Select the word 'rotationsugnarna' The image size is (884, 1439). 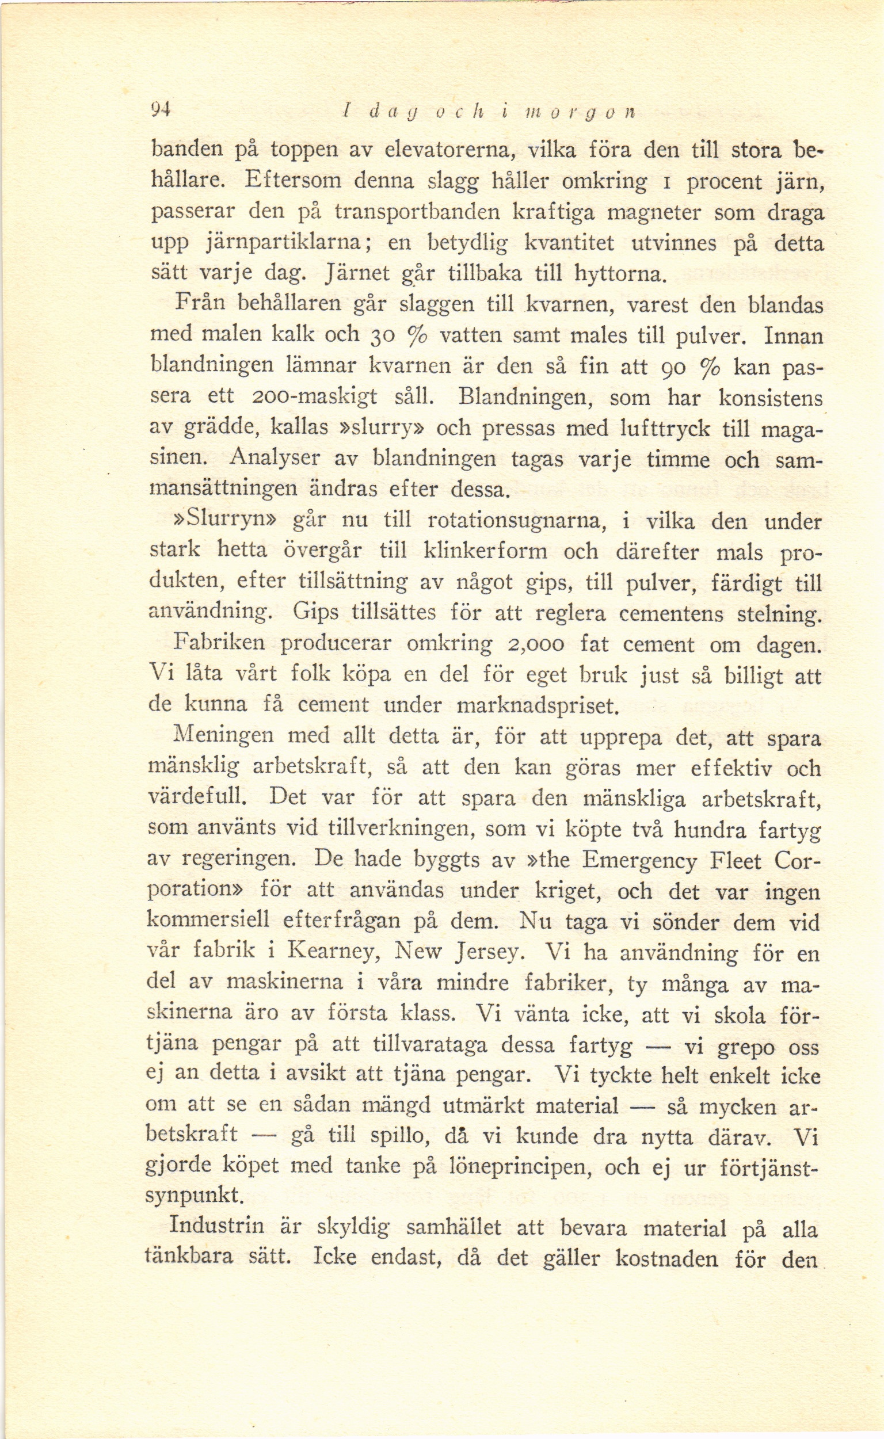[x=515, y=521]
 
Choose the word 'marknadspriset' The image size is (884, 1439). [x=537, y=706]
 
